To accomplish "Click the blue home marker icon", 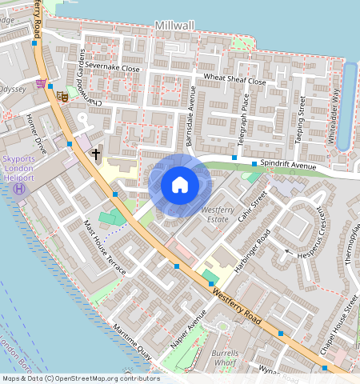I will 180,185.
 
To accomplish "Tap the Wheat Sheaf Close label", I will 234,80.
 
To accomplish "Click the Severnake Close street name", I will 113,69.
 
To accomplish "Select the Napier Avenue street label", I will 182,340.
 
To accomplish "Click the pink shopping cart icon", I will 40,82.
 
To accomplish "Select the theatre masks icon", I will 62,97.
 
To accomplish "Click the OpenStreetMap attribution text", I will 80,378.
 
